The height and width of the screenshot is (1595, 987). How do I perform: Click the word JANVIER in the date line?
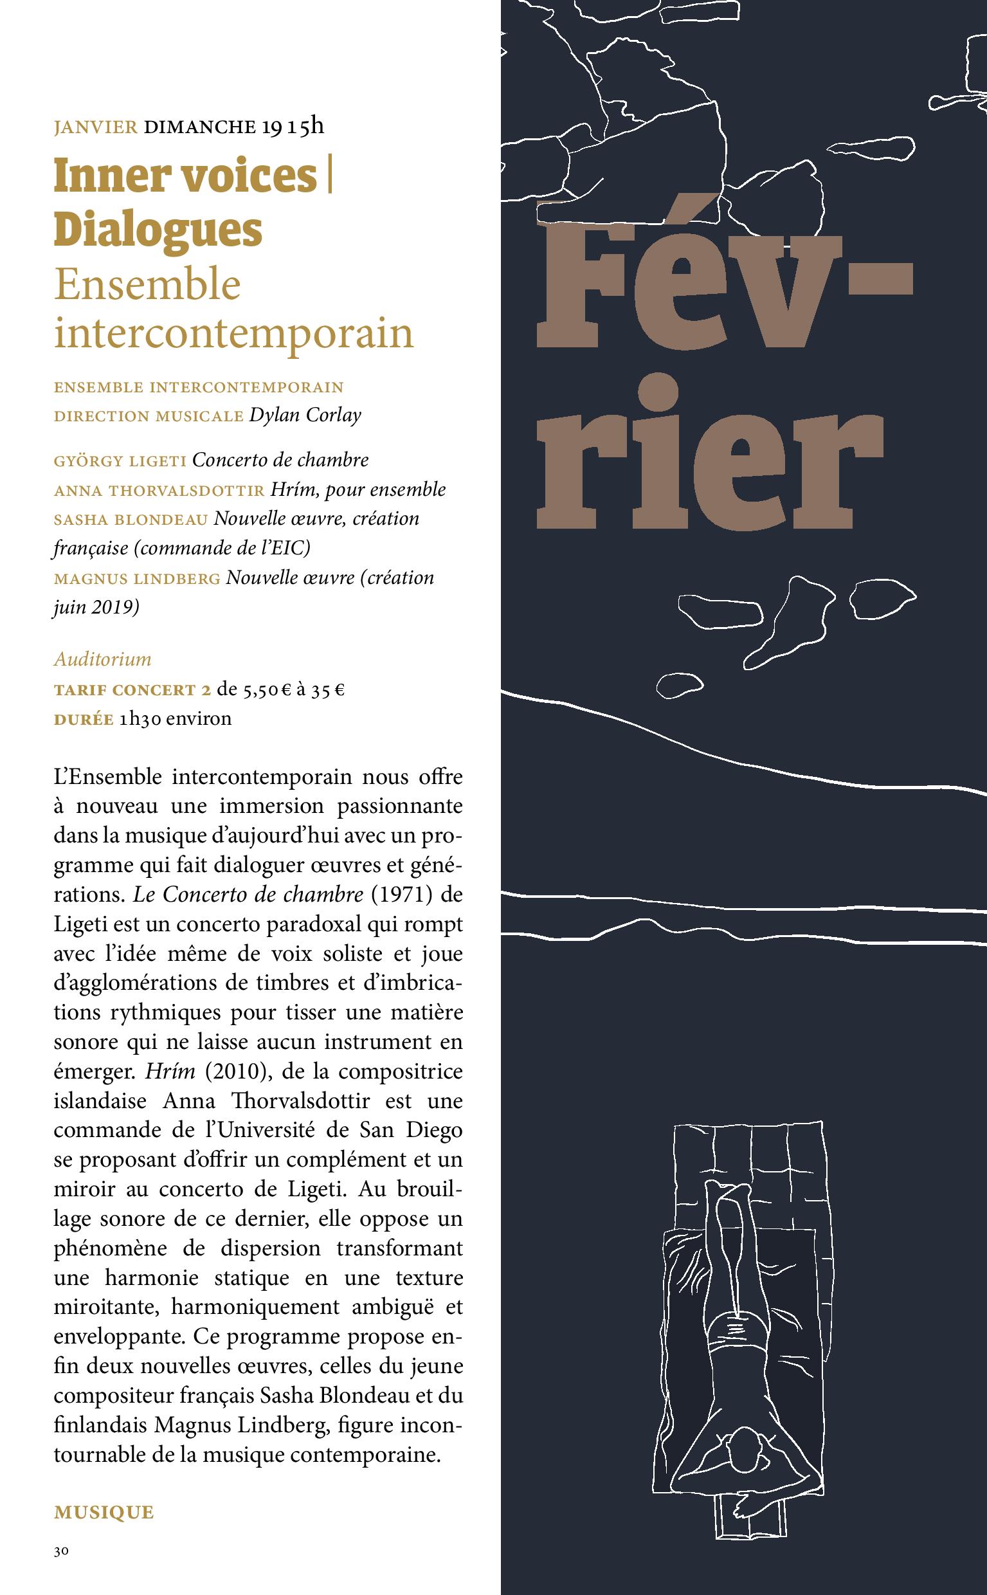[95, 126]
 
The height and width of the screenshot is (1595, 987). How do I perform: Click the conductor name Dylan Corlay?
[305, 416]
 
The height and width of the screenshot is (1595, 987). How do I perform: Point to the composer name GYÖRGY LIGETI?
[120, 461]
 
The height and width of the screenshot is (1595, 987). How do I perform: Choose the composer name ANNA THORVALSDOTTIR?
[159, 490]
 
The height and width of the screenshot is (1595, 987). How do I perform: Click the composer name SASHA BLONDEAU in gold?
[131, 520]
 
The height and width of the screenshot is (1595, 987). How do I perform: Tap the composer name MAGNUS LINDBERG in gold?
[137, 579]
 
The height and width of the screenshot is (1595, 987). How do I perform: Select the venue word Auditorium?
[102, 659]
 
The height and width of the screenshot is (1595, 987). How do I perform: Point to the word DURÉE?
[83, 719]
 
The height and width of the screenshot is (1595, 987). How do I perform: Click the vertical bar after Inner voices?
[331, 176]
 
